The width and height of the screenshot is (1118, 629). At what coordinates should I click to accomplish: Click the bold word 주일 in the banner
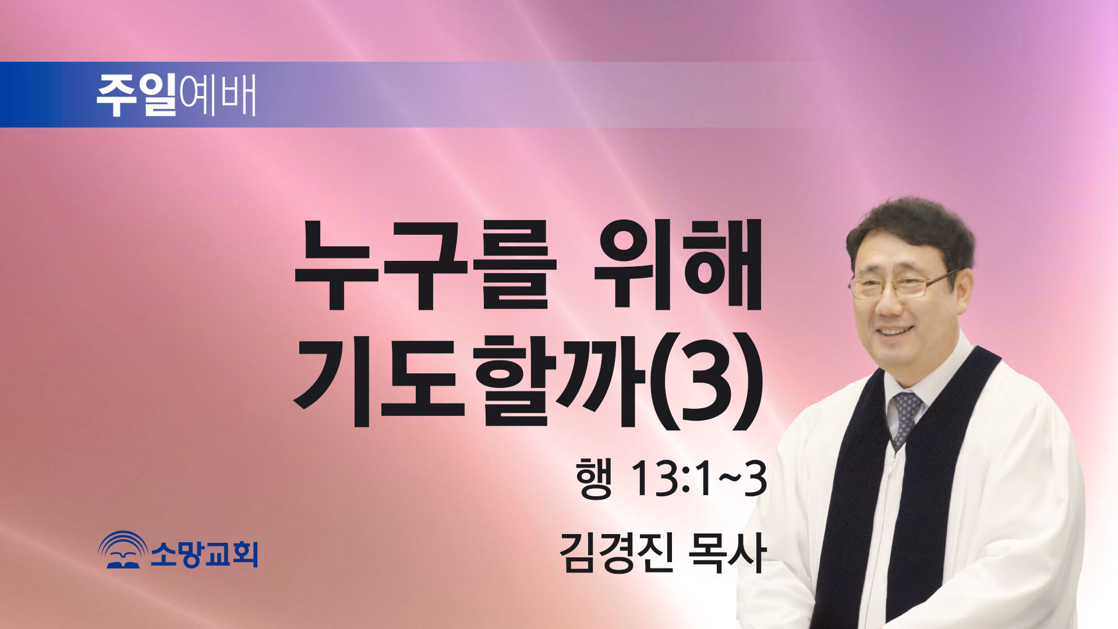[x=136, y=95]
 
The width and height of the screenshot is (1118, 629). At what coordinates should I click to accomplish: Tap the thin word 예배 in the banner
[x=218, y=95]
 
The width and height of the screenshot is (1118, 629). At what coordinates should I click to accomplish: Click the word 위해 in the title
[x=677, y=264]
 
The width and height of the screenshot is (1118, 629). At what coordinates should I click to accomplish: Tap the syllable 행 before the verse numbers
[x=594, y=478]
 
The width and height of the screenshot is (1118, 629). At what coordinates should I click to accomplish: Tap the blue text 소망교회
[x=204, y=553]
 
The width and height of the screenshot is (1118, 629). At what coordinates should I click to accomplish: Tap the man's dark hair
[x=910, y=233]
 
